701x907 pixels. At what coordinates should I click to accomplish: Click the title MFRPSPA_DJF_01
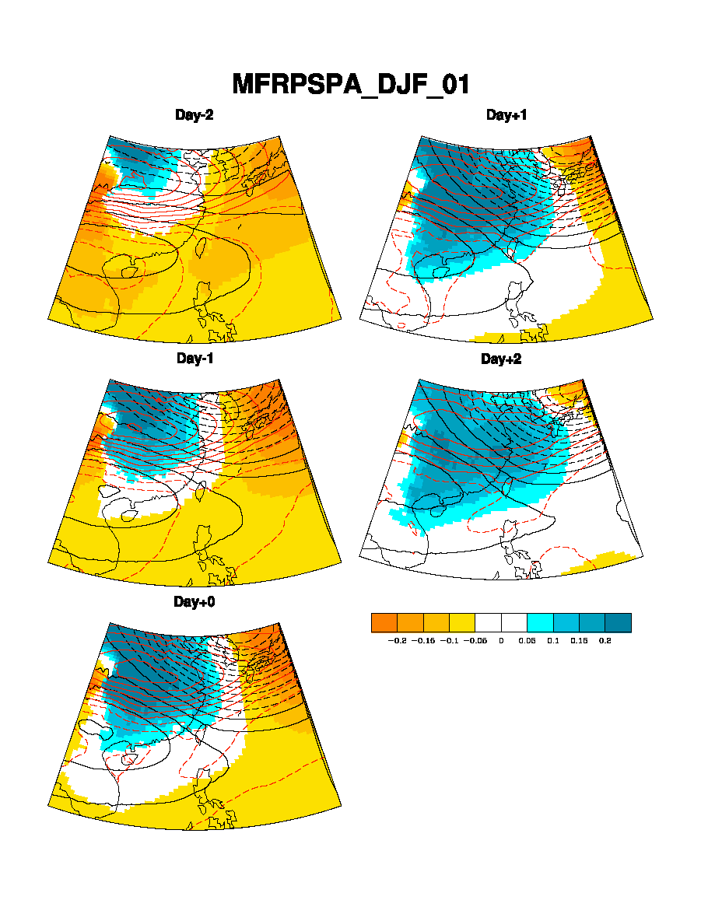[x=351, y=84]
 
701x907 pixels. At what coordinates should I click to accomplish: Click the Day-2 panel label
[x=195, y=115]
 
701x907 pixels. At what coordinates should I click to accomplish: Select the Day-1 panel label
[x=195, y=359]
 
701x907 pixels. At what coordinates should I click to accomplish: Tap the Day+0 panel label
[x=195, y=602]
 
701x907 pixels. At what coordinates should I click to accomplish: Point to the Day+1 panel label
[x=506, y=115]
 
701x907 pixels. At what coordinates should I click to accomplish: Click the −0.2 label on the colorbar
[x=397, y=641]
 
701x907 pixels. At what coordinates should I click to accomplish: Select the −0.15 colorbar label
[x=423, y=641]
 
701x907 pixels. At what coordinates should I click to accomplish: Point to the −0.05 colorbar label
[x=475, y=641]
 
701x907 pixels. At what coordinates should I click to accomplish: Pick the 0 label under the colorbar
[x=501, y=641]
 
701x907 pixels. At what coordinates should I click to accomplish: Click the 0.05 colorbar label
[x=528, y=641]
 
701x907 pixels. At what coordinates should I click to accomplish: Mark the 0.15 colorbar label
[x=579, y=641]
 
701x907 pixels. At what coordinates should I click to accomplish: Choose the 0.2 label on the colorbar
[x=605, y=641]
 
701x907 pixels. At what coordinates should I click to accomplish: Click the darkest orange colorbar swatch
[x=384, y=622]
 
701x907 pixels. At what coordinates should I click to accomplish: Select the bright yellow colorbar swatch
[x=462, y=622]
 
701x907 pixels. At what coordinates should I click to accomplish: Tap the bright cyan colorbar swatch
[x=540, y=622]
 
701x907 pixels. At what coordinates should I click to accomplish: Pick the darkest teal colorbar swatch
[x=618, y=622]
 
